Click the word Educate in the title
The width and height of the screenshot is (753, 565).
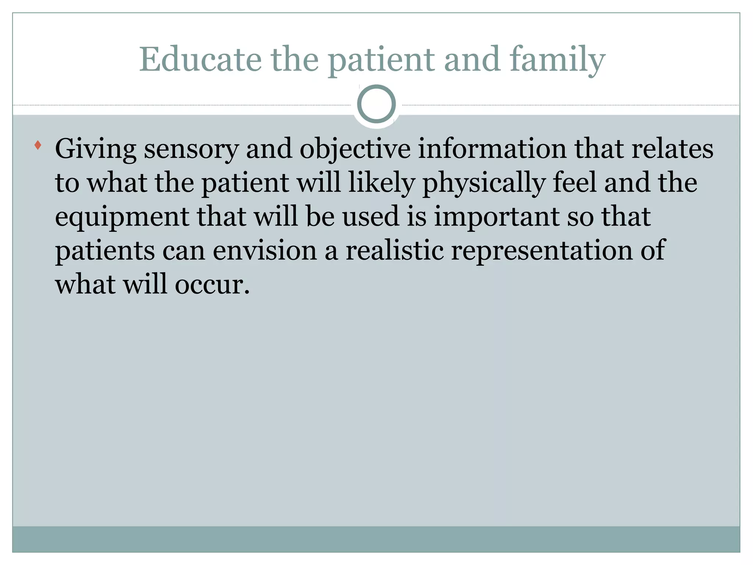[x=200, y=60]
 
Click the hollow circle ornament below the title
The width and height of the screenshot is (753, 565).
[x=376, y=104]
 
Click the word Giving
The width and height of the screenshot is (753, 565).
[x=96, y=149]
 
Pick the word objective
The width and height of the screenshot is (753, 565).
[x=355, y=149]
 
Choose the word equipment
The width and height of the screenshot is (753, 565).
[x=122, y=217]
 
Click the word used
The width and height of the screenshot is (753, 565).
[x=371, y=216]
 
